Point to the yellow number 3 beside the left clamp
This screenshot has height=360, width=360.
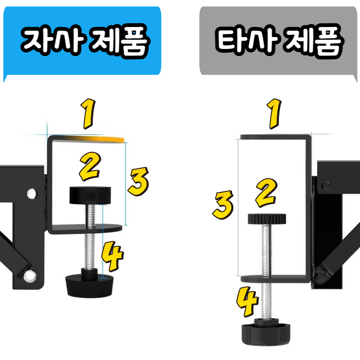click(x=137, y=182)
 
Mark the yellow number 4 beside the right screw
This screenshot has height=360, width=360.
click(x=247, y=302)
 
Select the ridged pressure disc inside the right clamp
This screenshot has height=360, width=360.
click(x=267, y=219)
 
